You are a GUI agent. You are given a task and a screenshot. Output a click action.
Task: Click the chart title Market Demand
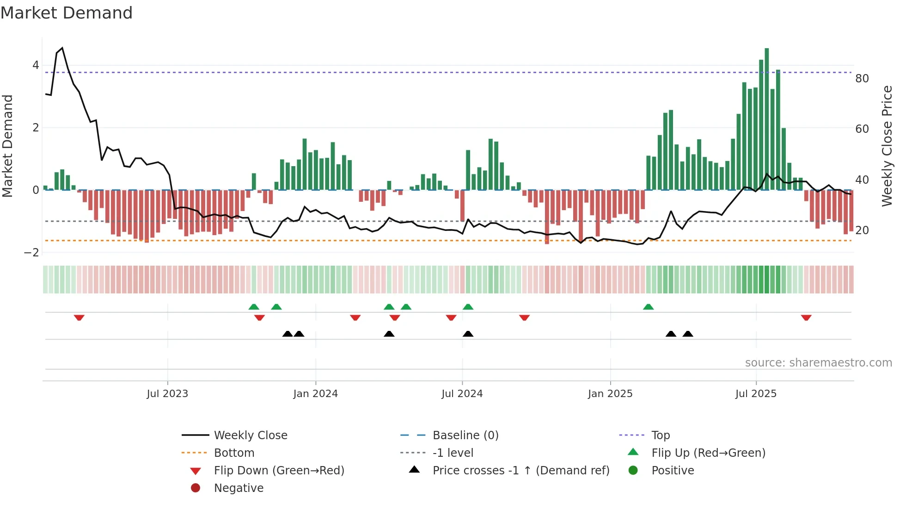point(67,13)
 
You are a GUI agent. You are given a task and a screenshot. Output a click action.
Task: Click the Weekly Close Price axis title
point(887,146)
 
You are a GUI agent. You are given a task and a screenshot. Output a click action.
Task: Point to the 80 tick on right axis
point(862,79)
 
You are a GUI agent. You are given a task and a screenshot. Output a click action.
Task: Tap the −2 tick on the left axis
point(31,252)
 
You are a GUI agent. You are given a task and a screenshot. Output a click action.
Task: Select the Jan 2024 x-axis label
point(315,394)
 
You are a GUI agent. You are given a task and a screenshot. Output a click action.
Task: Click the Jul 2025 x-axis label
point(756,394)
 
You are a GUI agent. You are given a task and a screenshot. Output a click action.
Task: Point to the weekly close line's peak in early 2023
point(62,48)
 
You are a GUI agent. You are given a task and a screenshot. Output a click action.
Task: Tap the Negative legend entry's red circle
point(196,488)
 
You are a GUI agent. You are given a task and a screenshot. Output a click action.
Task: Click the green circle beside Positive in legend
point(633,471)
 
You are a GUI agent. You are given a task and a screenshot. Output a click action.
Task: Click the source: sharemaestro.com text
point(818,363)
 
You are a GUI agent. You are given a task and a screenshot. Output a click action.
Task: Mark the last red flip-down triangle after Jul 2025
point(806,317)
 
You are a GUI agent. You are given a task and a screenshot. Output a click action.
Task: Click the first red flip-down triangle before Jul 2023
point(79,317)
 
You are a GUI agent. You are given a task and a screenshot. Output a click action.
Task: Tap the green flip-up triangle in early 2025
point(648,307)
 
